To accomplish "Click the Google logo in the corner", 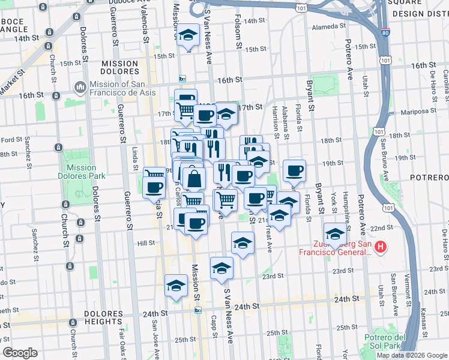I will coord(19,353).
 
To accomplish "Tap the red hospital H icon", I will coord(379,247).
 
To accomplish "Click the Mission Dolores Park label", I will coord(82,172).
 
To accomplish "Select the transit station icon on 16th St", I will coord(182,79).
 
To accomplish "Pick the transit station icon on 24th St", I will coord(198,310).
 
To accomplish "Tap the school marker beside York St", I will coord(335,232).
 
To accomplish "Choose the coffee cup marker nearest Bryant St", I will coord(294,170).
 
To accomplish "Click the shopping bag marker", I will coord(195,178).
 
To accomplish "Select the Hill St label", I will coord(146,243).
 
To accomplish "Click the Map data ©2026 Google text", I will coord(411,355).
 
